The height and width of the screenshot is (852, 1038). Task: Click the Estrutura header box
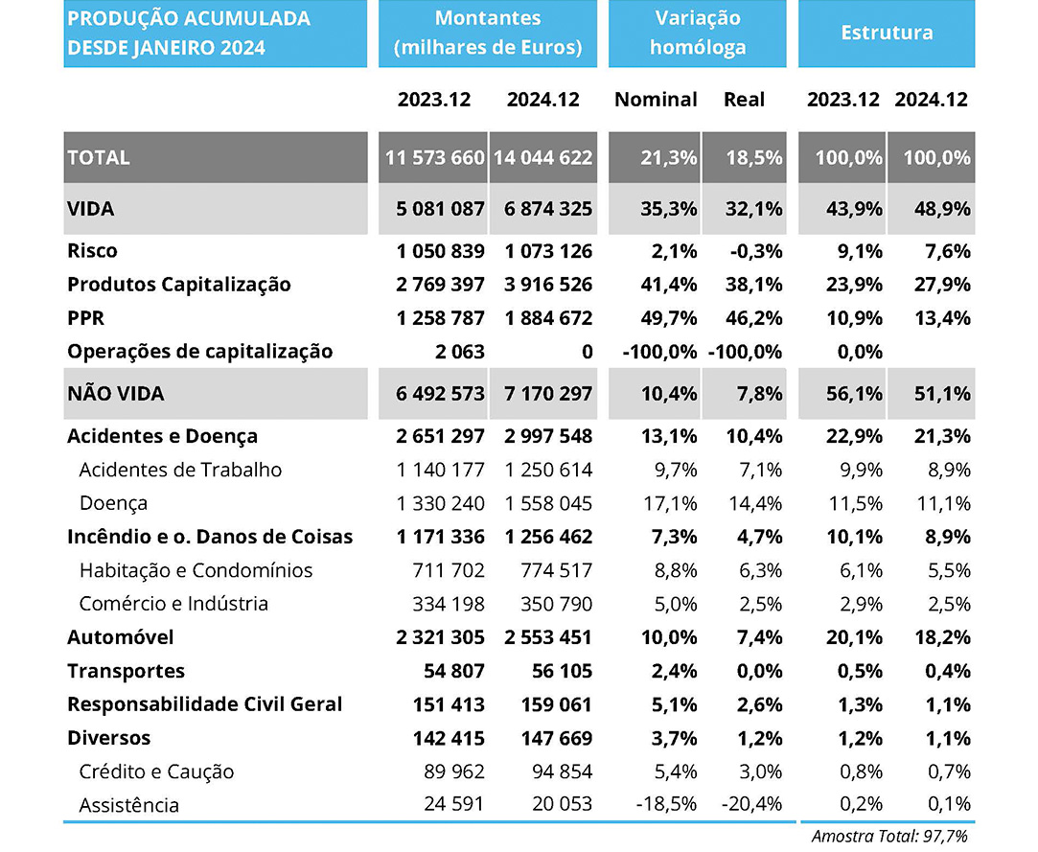pyautogui.click(x=887, y=33)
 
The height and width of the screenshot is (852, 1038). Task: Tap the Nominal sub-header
pyautogui.click(x=656, y=100)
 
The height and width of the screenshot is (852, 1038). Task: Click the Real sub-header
pyautogui.click(x=744, y=100)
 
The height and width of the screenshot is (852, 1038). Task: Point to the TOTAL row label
pyautogui.click(x=99, y=157)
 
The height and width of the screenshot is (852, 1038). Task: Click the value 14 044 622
pyautogui.click(x=543, y=157)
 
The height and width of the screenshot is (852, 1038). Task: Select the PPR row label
pyautogui.click(x=86, y=318)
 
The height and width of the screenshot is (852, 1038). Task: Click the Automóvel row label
pyautogui.click(x=121, y=637)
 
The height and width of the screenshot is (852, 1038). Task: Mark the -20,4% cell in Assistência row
pyautogui.click(x=752, y=805)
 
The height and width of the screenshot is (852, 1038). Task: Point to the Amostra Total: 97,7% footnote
pyautogui.click(x=889, y=836)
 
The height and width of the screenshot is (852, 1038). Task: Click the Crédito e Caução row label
pyautogui.click(x=156, y=771)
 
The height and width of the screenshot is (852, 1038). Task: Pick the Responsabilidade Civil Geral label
pyautogui.click(x=204, y=704)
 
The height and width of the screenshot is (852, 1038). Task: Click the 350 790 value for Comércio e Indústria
pyautogui.click(x=557, y=604)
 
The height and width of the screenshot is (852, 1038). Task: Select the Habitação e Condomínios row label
pyautogui.click(x=196, y=570)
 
